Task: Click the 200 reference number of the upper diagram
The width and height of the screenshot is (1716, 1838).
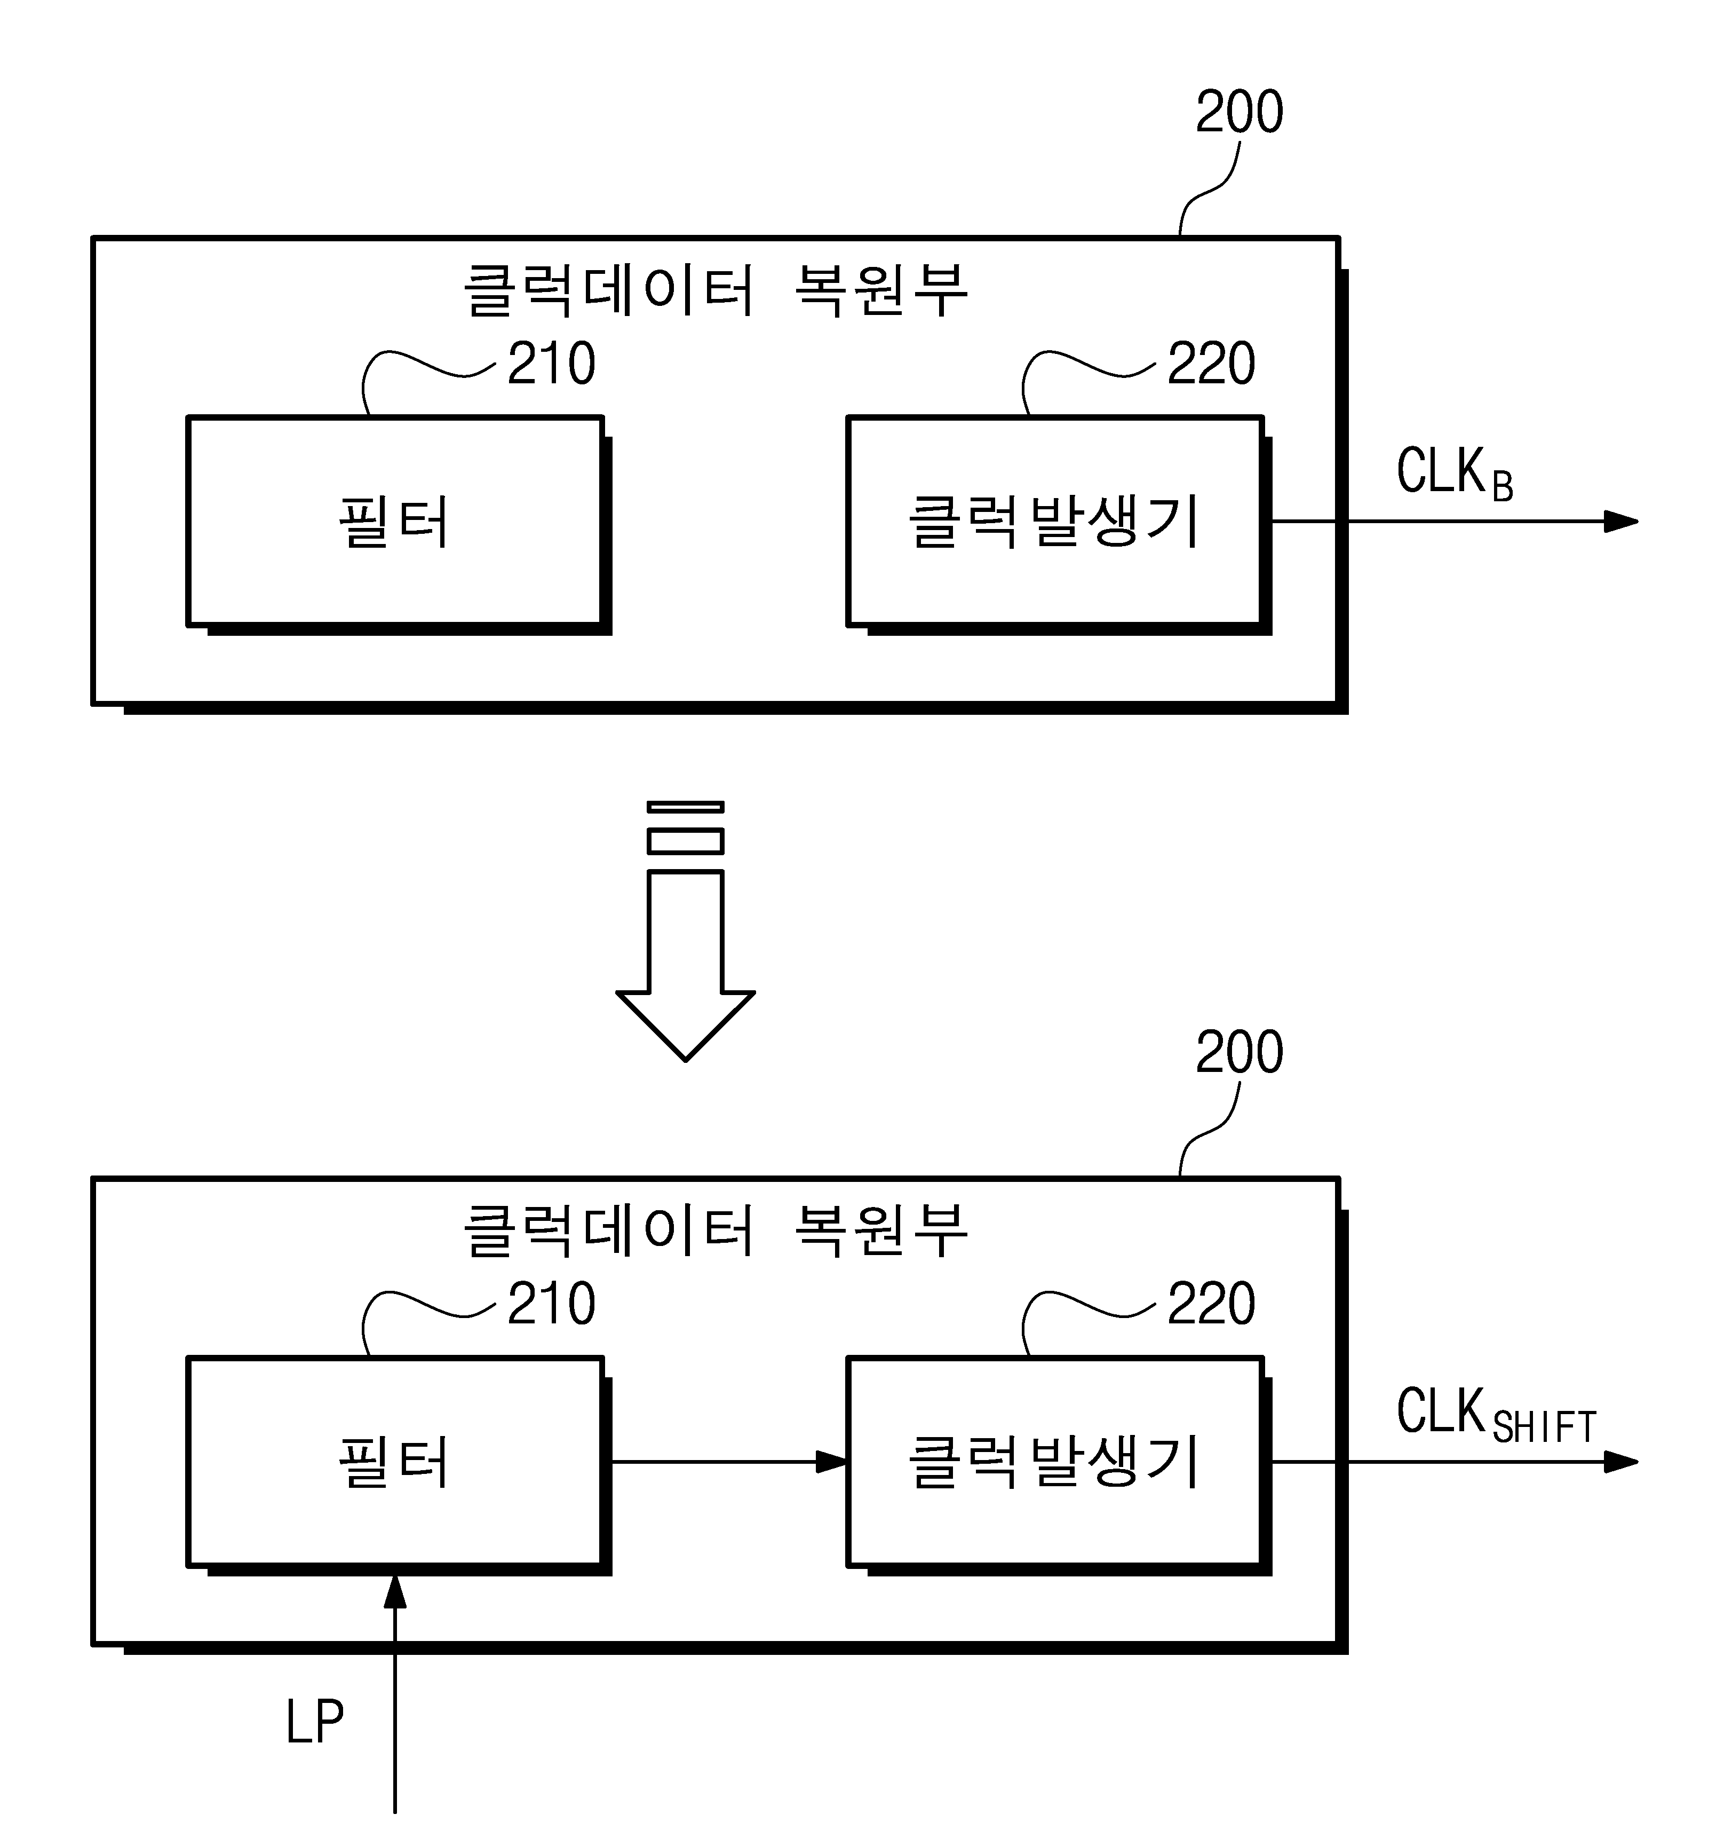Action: tap(1239, 112)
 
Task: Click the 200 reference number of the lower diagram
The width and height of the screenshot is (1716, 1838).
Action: tap(1239, 1052)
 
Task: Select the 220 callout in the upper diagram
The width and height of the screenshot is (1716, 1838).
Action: tap(1211, 364)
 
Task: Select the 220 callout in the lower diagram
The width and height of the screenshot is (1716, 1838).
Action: tap(1211, 1304)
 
